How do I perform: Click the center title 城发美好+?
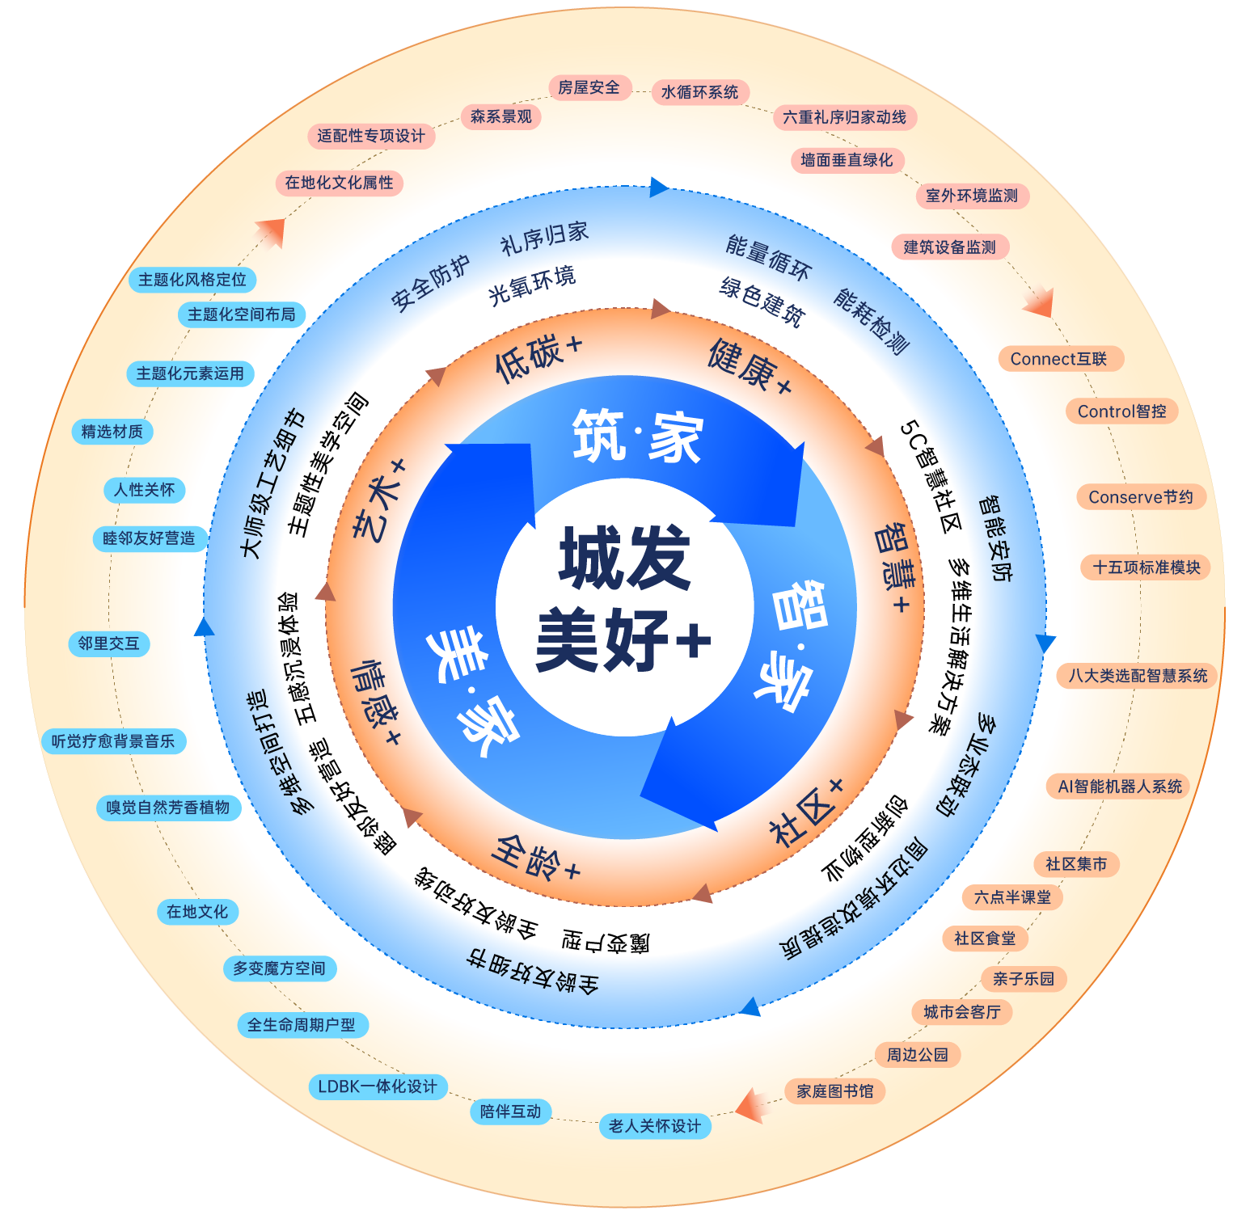623,598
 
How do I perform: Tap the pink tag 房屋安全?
589,87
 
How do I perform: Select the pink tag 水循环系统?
699,92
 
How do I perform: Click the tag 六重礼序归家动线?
844,117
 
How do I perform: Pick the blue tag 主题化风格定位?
192,280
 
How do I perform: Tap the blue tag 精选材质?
112,432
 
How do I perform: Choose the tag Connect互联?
1058,359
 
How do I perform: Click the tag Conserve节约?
1141,497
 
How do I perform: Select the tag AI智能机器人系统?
1120,787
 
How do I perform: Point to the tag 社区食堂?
985,939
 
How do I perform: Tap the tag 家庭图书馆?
835,1091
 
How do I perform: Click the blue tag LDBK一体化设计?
378,1086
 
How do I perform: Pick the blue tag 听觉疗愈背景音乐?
113,741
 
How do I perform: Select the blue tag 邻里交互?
109,643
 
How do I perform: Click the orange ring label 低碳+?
538,356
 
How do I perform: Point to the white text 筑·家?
637,437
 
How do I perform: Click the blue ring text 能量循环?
767,257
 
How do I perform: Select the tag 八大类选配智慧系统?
1138,676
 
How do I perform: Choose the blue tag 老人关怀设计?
655,1126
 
